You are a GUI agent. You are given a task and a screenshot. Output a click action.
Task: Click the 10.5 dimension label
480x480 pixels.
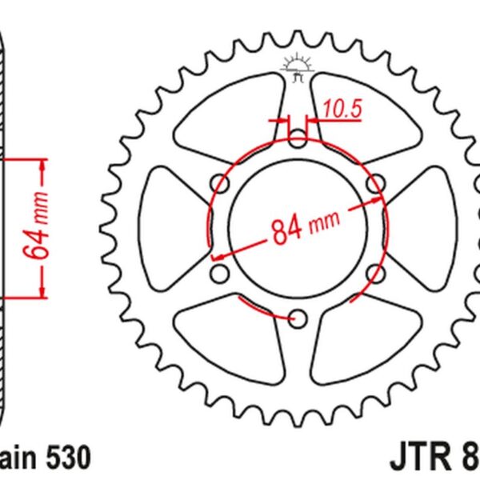coord(342,107)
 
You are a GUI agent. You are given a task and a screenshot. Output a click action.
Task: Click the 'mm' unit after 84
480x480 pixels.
coord(325,218)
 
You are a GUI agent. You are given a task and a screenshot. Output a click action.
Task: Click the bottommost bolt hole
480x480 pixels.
coord(298,319)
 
